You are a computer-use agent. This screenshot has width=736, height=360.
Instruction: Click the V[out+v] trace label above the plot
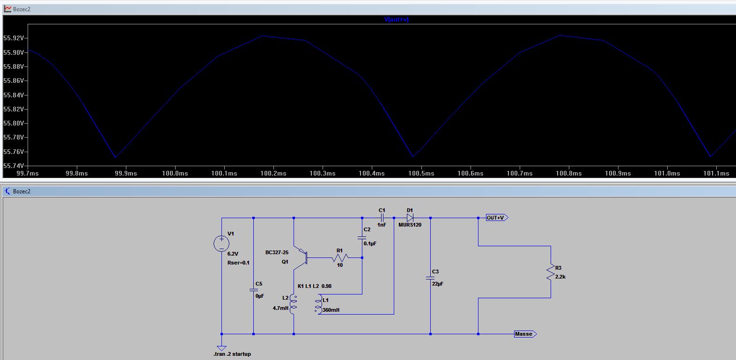pos(396,19)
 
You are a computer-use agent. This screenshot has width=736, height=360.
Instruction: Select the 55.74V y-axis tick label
pos(14,166)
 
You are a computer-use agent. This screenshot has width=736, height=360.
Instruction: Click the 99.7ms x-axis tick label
pos(28,173)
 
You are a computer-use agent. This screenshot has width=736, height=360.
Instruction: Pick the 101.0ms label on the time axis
pos(667,173)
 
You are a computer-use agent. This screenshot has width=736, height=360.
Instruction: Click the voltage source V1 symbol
pos(221,244)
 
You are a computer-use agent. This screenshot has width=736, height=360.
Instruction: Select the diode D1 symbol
pos(410,218)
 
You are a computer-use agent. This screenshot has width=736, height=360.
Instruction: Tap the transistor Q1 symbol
pos(301,258)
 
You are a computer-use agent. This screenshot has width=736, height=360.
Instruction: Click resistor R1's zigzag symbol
pos(340,258)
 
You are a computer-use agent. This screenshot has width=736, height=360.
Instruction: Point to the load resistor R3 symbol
pos(551,272)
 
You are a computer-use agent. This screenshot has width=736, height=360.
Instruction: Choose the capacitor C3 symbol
pos(430,278)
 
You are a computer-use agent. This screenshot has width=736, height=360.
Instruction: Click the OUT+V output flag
pos(497,218)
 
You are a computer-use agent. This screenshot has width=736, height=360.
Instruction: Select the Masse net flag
pos(525,334)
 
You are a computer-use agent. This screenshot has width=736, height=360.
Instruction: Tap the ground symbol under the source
pos(221,348)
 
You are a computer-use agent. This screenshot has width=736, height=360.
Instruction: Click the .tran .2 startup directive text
pos(232,354)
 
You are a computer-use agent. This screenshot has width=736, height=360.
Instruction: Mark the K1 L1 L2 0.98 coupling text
pos(315,286)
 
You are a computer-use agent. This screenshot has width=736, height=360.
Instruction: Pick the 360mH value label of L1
pos(331,310)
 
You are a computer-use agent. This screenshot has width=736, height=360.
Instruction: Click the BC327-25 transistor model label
pos(277,253)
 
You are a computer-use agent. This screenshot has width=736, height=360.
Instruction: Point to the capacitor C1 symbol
pos(382,218)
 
